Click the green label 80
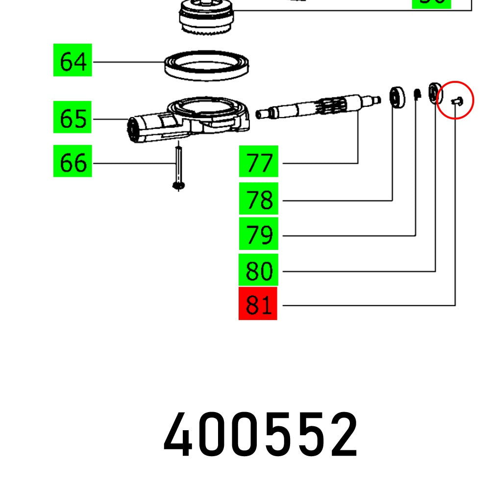tap(258, 269)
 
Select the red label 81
tap(258, 304)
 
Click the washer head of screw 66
tap(179, 185)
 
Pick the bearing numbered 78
tap(397, 97)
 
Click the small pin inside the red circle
tap(456, 101)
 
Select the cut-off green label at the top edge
tap(431, 3)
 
